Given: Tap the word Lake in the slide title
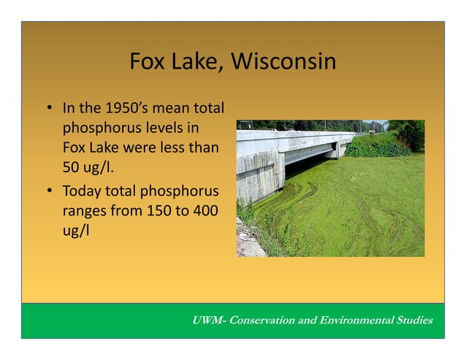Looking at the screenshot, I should click(193, 62).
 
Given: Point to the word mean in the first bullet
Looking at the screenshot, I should click(174, 110).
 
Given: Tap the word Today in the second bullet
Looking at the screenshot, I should click(83, 192).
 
